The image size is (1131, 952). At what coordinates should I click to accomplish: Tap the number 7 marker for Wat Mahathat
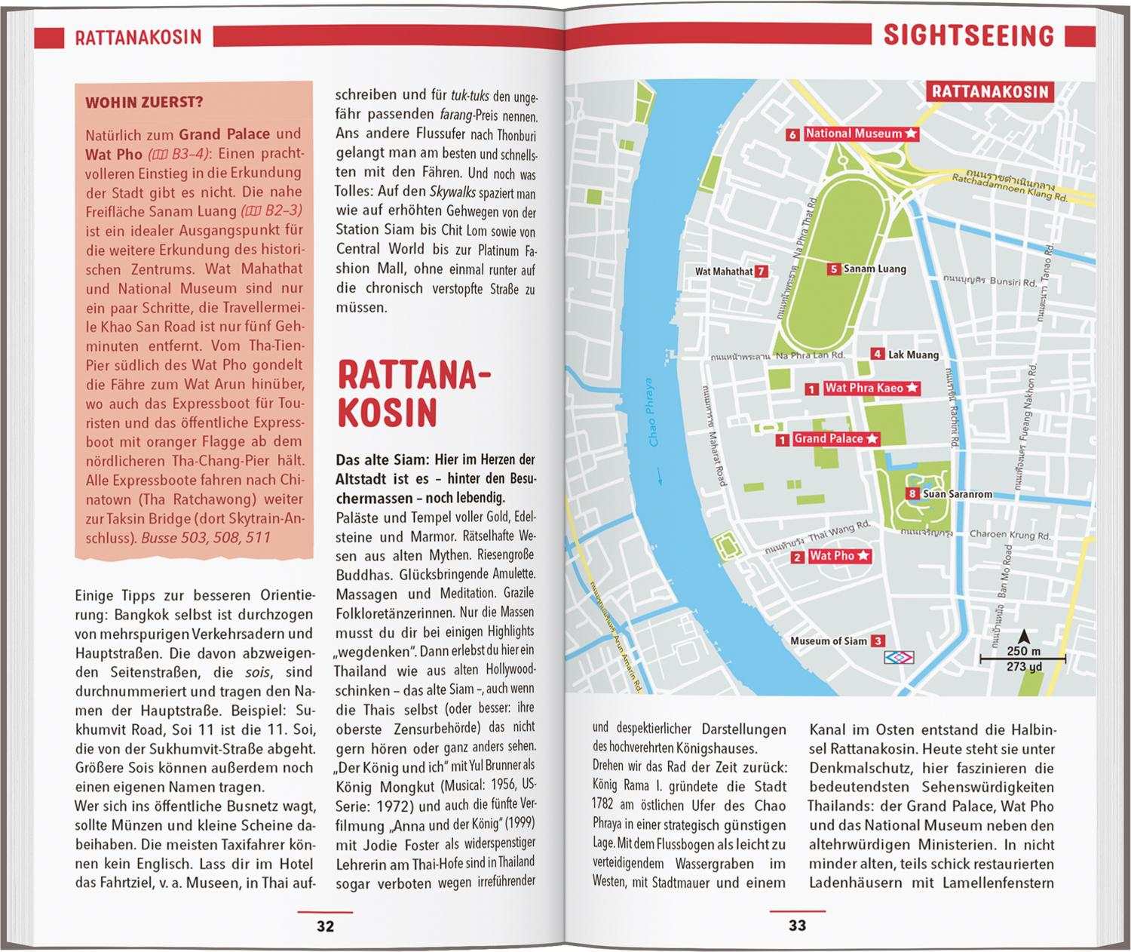pos(762,272)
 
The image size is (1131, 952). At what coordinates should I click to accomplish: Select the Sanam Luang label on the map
pos(875,269)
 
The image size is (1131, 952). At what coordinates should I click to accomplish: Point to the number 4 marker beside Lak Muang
pos(877,354)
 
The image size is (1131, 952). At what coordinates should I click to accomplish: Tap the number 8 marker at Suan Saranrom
pos(912,494)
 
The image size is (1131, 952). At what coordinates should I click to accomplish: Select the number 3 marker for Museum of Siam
pos(878,641)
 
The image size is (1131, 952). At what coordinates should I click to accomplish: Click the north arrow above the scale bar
pos(1022,637)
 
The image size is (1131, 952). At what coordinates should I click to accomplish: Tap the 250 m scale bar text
pos(1023,652)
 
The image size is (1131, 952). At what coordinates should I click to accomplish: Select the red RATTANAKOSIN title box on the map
pos(991,91)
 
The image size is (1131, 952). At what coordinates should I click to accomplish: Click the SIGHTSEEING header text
pos(968,35)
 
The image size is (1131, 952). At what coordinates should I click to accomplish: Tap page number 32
pos(325,926)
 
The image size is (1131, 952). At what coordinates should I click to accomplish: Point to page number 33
pos(797,926)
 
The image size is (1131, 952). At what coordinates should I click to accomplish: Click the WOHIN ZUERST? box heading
pos(144,103)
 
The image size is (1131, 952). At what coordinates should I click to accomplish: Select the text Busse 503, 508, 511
pos(205,538)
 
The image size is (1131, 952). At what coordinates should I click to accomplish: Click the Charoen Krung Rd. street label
pos(1010,535)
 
